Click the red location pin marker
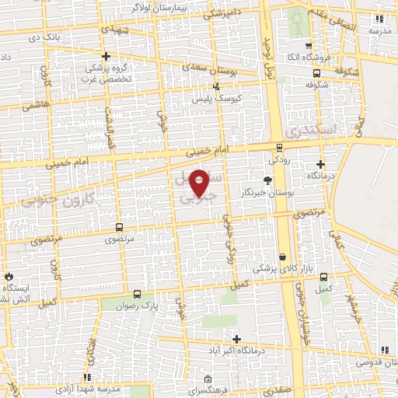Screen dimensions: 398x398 (x=199, y=183)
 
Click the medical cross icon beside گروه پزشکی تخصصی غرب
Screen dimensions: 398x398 (x=106, y=56)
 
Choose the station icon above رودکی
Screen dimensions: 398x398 (x=279, y=148)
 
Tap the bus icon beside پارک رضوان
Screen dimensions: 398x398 (x=137, y=294)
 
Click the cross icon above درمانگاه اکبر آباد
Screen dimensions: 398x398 (x=236, y=339)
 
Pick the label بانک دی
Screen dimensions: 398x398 (x=44, y=37)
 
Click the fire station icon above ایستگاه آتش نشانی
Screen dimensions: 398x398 (x=9, y=276)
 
